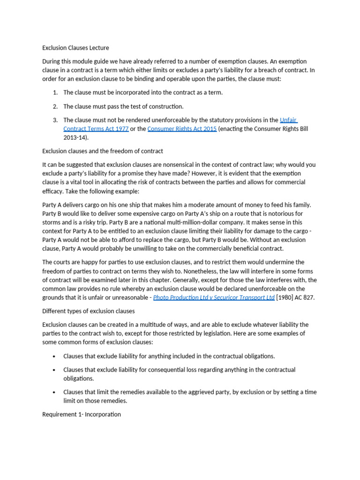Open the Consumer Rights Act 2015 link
[x=182, y=129]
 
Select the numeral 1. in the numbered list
[x=55, y=92]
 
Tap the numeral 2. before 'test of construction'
[x=55, y=106]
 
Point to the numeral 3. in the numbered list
[x=55, y=120]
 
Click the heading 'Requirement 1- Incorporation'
[x=82, y=414]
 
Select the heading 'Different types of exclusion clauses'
[x=89, y=311]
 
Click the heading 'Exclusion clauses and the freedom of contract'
[x=103, y=151]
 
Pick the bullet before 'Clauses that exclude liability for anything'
[x=55, y=357]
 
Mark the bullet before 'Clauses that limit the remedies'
[x=55, y=392]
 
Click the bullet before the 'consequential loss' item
[x=55, y=370]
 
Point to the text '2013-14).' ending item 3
[x=76, y=138]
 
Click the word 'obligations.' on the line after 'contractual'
[x=79, y=378]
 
